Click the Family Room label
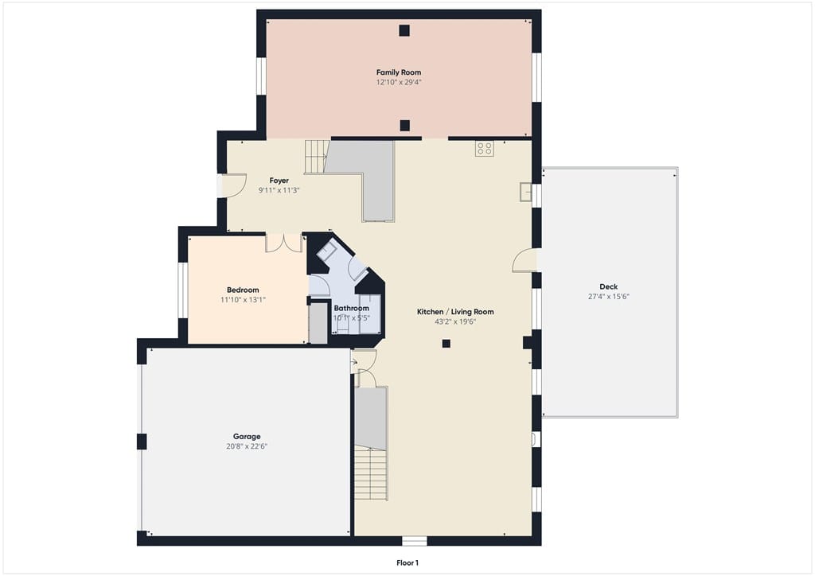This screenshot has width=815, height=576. click(x=399, y=72)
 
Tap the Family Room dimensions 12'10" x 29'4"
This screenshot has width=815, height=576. click(x=399, y=82)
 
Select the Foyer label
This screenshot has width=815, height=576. click(x=279, y=181)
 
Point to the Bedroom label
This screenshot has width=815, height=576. click(x=243, y=290)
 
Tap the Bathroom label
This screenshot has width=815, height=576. click(x=351, y=309)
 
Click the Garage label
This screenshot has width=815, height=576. click(x=247, y=437)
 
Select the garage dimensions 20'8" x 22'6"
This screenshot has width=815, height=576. click(x=247, y=446)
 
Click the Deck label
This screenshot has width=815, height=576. click(x=609, y=286)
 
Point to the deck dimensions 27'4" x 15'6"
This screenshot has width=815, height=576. click(x=609, y=297)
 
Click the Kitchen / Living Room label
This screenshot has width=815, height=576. click(x=455, y=312)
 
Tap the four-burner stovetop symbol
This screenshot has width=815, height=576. click(x=485, y=149)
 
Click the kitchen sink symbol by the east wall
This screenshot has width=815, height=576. click(x=526, y=193)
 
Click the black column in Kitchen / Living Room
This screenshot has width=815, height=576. click(x=446, y=344)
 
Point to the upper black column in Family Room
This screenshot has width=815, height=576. click(x=404, y=30)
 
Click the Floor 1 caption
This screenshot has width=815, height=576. click(x=407, y=563)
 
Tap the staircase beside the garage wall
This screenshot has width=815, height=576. click(x=371, y=473)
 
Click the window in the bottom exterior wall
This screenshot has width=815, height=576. click(x=414, y=541)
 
